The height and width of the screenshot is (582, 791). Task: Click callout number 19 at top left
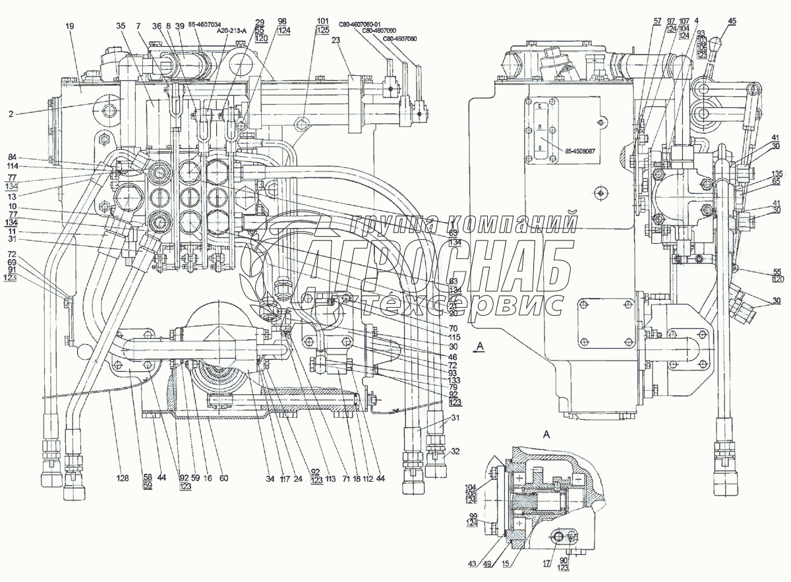[70, 26]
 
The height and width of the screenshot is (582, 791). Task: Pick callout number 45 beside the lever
[732, 21]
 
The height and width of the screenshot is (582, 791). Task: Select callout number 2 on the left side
[11, 113]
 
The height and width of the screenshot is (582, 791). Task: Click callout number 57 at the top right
[638, 21]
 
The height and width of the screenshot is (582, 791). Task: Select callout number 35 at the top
[121, 26]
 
